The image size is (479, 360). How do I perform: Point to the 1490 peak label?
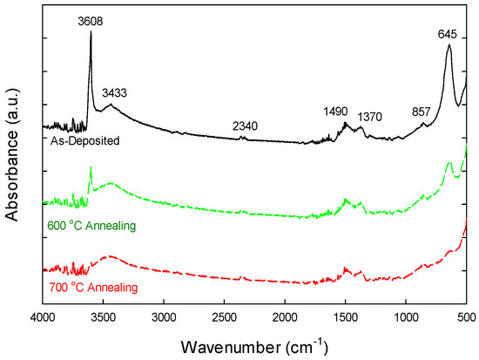(334, 112)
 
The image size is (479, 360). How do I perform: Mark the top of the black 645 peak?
(449, 45)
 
